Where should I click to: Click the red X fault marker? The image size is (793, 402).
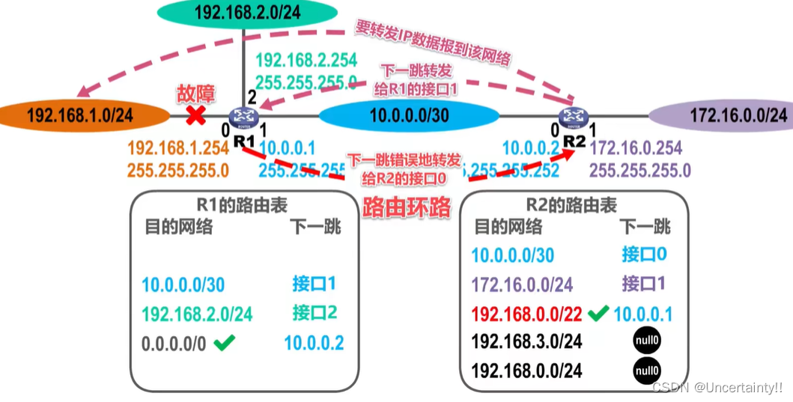click(196, 115)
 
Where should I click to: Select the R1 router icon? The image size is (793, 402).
click(244, 117)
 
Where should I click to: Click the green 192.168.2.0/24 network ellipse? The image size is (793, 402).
click(246, 12)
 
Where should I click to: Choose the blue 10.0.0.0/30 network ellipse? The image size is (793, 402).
click(409, 116)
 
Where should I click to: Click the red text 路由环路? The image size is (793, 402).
click(407, 207)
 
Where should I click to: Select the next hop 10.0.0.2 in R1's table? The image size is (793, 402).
click(314, 344)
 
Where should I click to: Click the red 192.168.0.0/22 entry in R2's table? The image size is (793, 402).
click(527, 314)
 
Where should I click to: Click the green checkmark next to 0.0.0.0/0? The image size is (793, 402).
click(224, 343)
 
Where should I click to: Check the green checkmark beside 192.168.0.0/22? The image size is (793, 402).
click(598, 313)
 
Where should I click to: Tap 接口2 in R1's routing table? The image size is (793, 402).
click(314, 312)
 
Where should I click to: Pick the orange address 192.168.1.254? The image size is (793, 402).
click(178, 149)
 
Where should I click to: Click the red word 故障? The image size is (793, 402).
click(195, 94)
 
